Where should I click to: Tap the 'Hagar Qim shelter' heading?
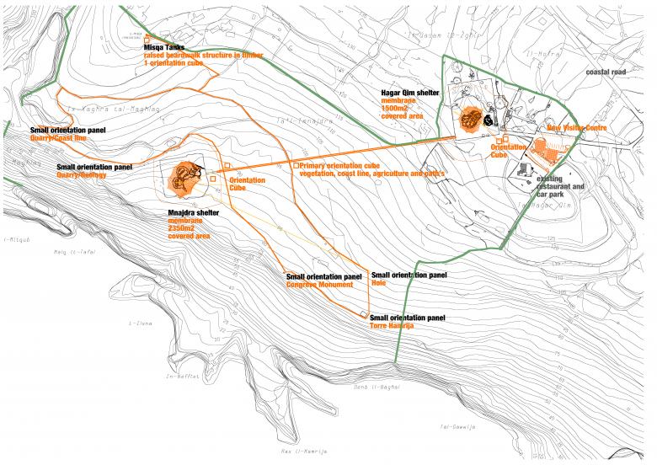(x=410, y=92)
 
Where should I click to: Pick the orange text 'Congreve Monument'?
(x=323, y=284)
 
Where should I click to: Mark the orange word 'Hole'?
(x=378, y=283)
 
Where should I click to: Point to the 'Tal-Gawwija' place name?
(x=458, y=428)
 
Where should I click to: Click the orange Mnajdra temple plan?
(x=184, y=175)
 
